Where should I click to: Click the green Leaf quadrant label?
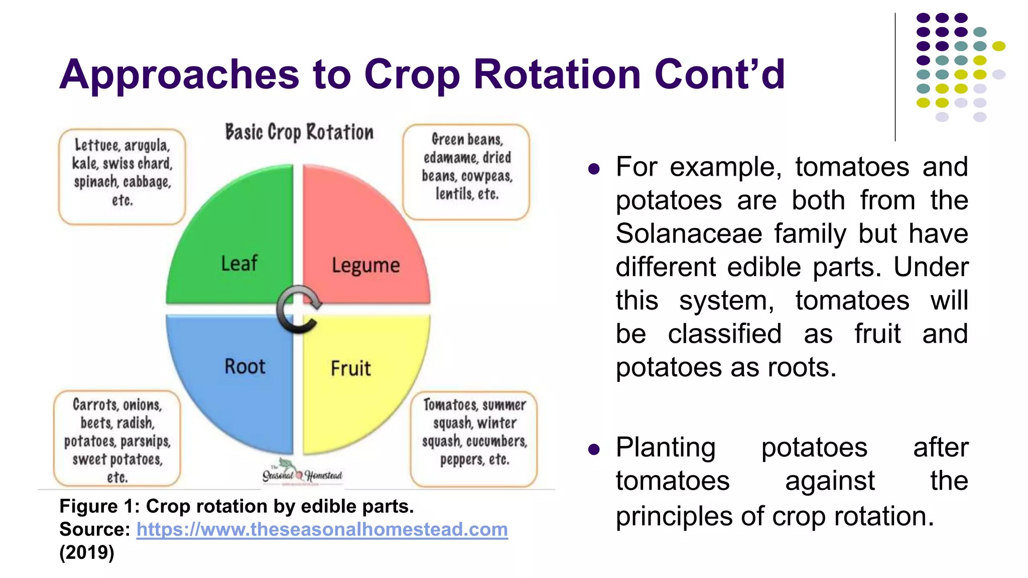239,263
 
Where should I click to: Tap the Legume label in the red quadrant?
365,265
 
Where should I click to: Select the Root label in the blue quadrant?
244,366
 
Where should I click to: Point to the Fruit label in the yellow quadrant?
350,368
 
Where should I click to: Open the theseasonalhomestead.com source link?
322,529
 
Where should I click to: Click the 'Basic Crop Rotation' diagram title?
299,132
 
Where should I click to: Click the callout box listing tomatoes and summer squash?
474,439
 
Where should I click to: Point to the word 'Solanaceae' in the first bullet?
688,234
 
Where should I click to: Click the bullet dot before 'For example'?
594,169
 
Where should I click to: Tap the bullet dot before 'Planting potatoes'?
594,449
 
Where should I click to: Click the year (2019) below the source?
87,552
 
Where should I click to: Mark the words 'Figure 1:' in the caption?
99,506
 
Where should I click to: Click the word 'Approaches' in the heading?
179,74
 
